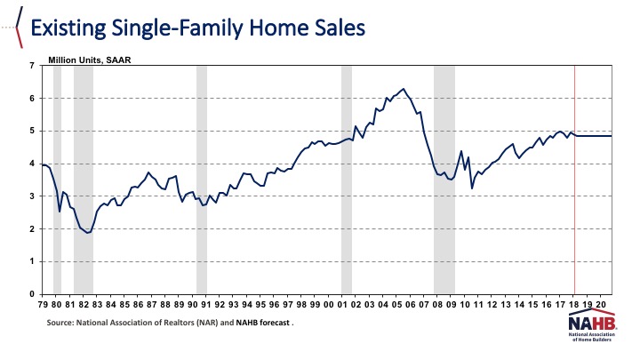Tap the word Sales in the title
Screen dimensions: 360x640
point(332,28)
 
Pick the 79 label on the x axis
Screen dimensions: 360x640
point(43,304)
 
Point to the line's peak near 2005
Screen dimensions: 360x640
point(404,89)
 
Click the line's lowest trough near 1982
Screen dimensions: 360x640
point(87,233)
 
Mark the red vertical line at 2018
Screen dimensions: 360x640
point(575,196)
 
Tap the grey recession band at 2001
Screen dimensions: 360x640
point(347,222)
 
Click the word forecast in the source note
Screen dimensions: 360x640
point(273,324)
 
